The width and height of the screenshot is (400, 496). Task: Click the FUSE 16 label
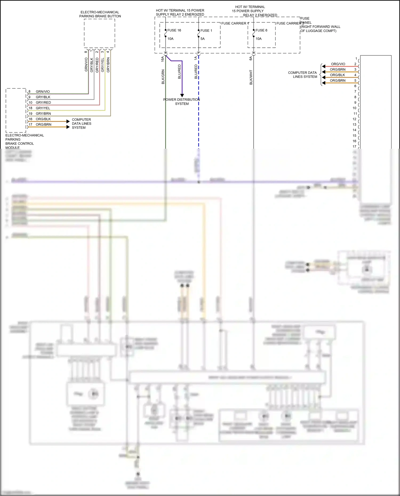[174, 30]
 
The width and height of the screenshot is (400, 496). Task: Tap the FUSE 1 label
[206, 31]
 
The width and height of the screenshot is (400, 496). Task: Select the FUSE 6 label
[261, 30]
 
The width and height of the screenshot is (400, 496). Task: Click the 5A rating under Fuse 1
[203, 39]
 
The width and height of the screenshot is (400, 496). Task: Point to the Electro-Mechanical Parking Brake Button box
[99, 33]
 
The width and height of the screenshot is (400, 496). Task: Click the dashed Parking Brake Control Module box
[16, 110]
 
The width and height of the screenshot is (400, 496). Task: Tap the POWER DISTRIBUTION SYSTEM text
[182, 102]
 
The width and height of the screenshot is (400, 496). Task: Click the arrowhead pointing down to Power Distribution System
[182, 95]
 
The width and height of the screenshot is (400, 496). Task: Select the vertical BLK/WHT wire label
[251, 77]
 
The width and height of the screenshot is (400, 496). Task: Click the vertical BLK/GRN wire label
[163, 77]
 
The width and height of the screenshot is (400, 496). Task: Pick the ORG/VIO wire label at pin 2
[338, 64]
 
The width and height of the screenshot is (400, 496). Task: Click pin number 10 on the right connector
[354, 108]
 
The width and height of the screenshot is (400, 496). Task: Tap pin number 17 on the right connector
[354, 146]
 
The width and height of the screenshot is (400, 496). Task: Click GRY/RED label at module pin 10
[43, 103]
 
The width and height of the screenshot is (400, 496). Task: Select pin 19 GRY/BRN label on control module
[43, 114]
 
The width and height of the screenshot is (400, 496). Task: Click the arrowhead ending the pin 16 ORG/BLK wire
[68, 122]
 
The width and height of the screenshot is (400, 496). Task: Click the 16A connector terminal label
[163, 59]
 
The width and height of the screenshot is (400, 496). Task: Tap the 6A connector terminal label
[251, 58]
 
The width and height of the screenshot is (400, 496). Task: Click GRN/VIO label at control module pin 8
[43, 92]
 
